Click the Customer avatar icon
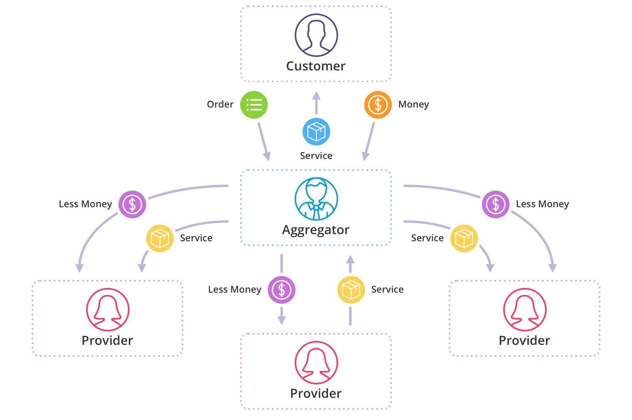click(x=316, y=35)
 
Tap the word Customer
click(x=316, y=66)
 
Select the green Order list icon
click(x=254, y=105)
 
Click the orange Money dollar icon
click(x=378, y=105)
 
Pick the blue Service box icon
click(x=316, y=132)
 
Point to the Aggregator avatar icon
click(x=316, y=199)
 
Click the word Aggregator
click(x=316, y=230)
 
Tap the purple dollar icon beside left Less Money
click(x=132, y=204)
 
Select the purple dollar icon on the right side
click(x=495, y=204)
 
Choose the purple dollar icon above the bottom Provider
click(x=282, y=290)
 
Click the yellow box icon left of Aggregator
click(x=160, y=238)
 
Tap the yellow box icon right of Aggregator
click(x=464, y=238)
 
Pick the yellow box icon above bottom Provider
click(x=351, y=290)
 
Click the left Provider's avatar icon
click(x=107, y=309)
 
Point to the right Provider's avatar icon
click(x=525, y=309)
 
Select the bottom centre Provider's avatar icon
click(x=316, y=362)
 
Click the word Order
click(x=220, y=104)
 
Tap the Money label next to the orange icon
click(x=413, y=104)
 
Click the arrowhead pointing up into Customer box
click(x=316, y=96)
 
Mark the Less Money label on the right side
click(x=542, y=204)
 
